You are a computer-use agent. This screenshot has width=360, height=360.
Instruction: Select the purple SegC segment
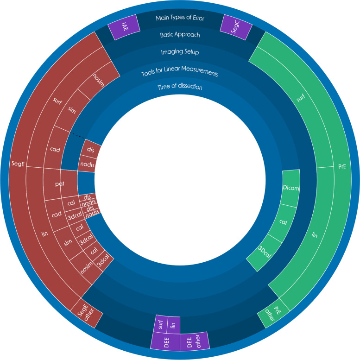point(235,25)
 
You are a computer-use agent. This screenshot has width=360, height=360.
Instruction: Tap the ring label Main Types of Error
point(179,18)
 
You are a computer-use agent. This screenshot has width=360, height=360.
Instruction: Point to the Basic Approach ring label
point(179,35)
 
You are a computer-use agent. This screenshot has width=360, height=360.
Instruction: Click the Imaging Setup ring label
point(179,52)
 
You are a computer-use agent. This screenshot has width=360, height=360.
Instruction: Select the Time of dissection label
point(179,87)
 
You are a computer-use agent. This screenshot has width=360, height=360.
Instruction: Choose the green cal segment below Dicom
point(283,222)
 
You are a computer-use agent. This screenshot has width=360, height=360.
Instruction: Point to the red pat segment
point(60,183)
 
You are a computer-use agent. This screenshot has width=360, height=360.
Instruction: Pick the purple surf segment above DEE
point(160,324)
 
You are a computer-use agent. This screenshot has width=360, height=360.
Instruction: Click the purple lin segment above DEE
point(173,324)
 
